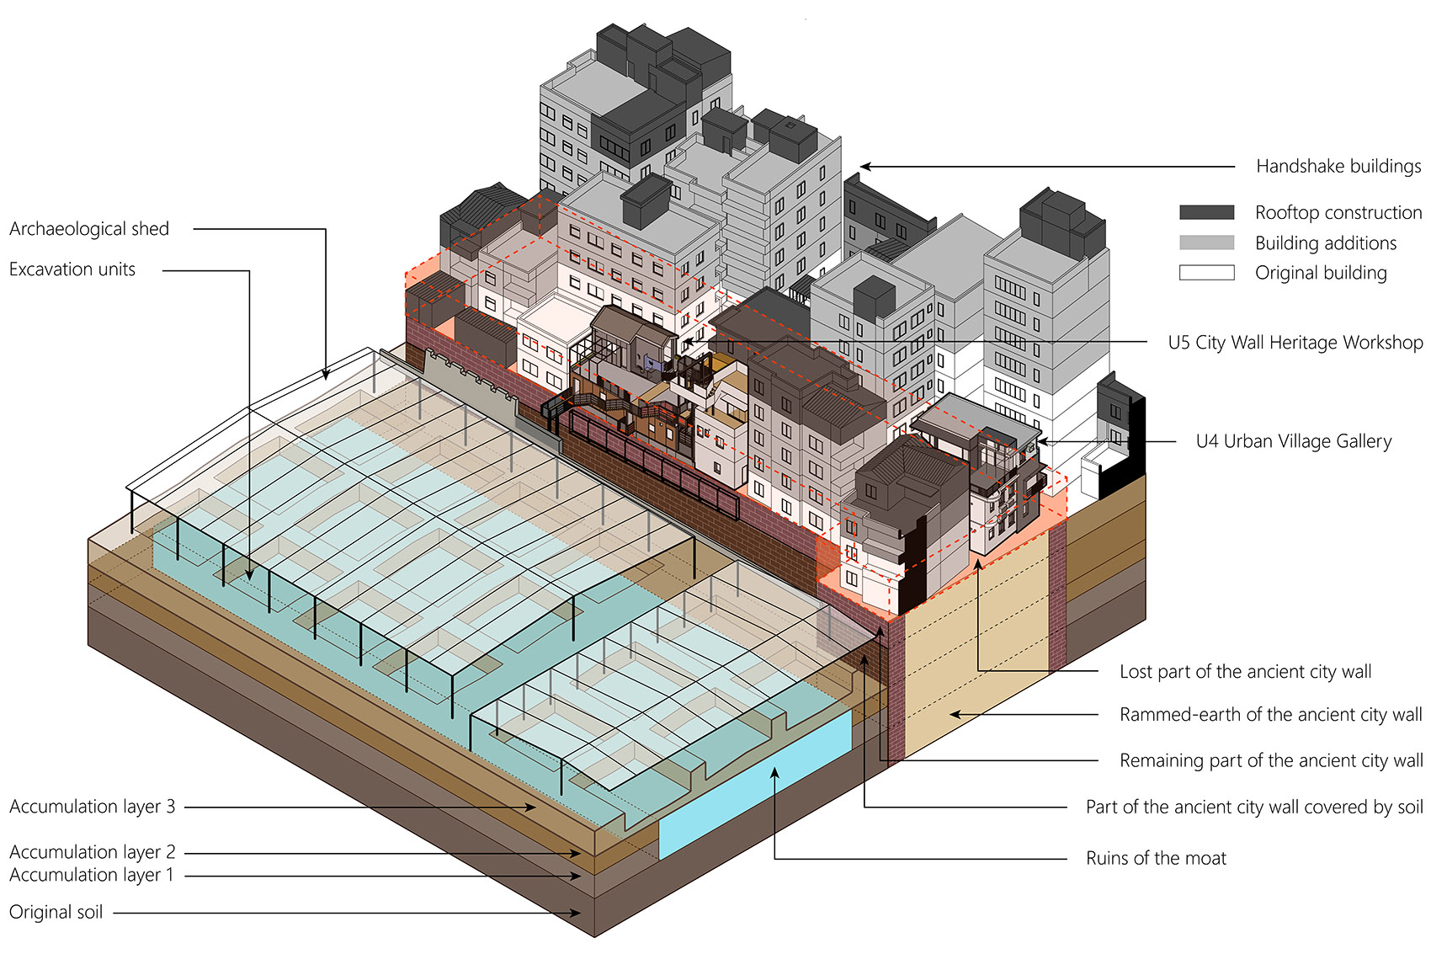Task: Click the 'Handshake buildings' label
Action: pyautogui.click(x=1338, y=166)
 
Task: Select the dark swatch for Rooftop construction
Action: pyautogui.click(x=1207, y=212)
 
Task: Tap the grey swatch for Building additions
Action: pyautogui.click(x=1207, y=242)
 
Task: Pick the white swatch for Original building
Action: pyautogui.click(x=1207, y=273)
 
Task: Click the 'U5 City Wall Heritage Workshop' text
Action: pyautogui.click(x=1295, y=343)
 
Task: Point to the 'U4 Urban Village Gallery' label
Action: pyautogui.click(x=1294, y=441)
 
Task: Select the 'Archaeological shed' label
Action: pyautogui.click(x=89, y=229)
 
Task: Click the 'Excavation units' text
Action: pyautogui.click(x=72, y=269)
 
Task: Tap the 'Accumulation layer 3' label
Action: pyautogui.click(x=92, y=807)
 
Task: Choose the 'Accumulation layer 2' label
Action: pyautogui.click(x=92, y=852)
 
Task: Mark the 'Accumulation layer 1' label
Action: pyautogui.click(x=92, y=874)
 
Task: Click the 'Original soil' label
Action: pyautogui.click(x=56, y=912)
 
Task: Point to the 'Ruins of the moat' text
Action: pyautogui.click(x=1157, y=858)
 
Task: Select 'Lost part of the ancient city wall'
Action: pyautogui.click(x=1246, y=672)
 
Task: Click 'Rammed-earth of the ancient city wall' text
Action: pyautogui.click(x=1271, y=714)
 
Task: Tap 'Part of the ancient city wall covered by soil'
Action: pyautogui.click(x=1255, y=807)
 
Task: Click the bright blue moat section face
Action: pyautogui.click(x=755, y=786)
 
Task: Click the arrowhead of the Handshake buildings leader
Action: pyautogui.click(x=865, y=167)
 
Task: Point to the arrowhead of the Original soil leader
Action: pyautogui.click(x=577, y=913)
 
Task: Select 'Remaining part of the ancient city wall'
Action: pyautogui.click(x=1271, y=760)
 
